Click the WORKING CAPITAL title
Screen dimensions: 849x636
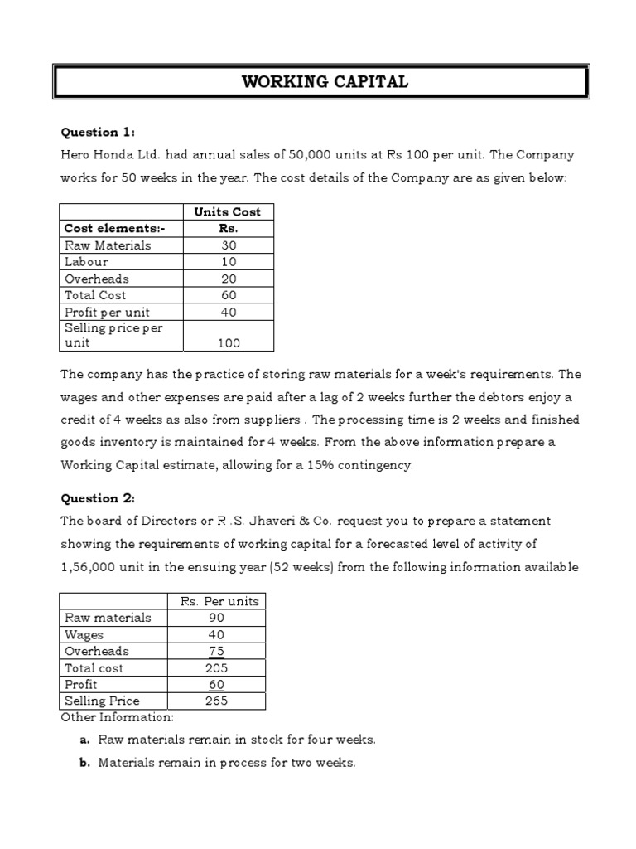pyautogui.click(x=324, y=82)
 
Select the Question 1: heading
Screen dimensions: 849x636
pyautogui.click(x=99, y=132)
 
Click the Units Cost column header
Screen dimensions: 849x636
pyautogui.click(x=227, y=212)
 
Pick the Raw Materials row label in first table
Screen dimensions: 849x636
pyautogui.click(x=108, y=245)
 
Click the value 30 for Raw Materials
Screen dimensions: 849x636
pyautogui.click(x=229, y=245)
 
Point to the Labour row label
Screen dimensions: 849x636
pyautogui.click(x=86, y=262)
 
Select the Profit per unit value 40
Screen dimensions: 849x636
pyautogui.click(x=229, y=312)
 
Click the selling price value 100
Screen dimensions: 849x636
pyautogui.click(x=229, y=342)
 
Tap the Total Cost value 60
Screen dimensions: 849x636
pyautogui.click(x=229, y=295)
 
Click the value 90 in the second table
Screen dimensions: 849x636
pyautogui.click(x=216, y=618)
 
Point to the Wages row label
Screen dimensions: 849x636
pyautogui.click(x=84, y=634)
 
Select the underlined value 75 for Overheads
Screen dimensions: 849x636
pyautogui.click(x=216, y=651)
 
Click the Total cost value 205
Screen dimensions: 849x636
pyautogui.click(x=216, y=667)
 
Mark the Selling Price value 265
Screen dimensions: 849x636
pyautogui.click(x=216, y=701)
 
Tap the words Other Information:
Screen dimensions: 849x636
pyautogui.click(x=117, y=716)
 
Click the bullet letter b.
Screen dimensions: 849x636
pyautogui.click(x=84, y=763)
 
